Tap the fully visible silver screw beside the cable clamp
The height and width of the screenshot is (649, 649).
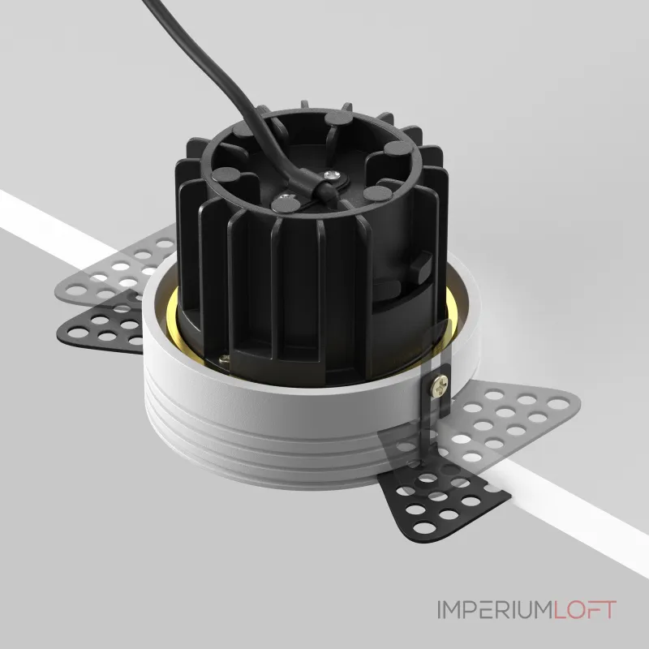click(331, 175)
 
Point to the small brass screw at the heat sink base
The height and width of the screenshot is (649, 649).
click(225, 359)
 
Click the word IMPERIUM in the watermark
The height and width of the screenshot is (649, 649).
click(495, 610)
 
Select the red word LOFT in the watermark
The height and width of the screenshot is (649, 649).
click(585, 610)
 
